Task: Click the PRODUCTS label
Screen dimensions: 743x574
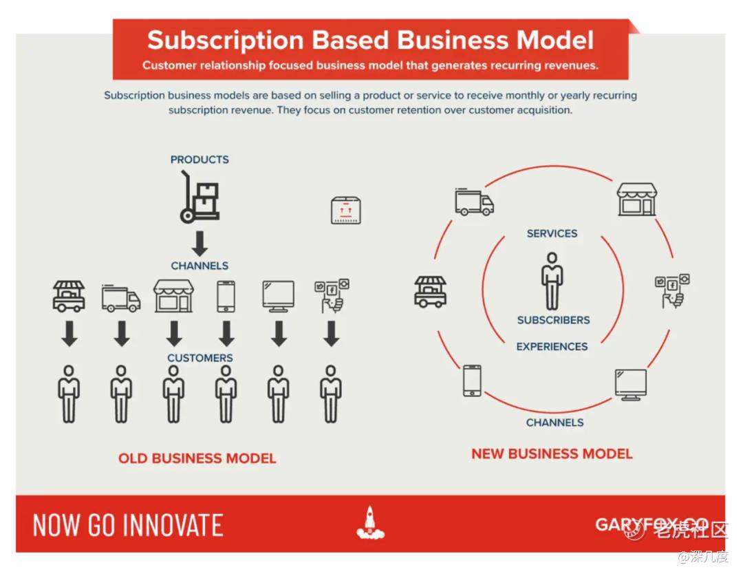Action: pos(200,160)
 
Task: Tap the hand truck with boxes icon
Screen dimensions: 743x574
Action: pos(200,197)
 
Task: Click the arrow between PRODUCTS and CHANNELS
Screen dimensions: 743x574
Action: pos(200,244)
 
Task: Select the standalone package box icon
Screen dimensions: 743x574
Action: pos(345,210)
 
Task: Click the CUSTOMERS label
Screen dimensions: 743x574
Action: pos(200,358)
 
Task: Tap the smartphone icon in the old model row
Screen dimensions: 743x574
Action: pos(226,296)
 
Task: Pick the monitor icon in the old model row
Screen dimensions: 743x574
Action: pos(279,296)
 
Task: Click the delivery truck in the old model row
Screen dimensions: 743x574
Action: pos(121,298)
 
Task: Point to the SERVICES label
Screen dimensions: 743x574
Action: pos(552,233)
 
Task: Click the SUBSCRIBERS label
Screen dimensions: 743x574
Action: pos(553,321)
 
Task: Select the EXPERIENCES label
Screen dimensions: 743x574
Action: pos(552,347)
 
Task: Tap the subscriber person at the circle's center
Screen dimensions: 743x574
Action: pos(552,281)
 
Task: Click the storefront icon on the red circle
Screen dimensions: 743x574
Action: pos(637,200)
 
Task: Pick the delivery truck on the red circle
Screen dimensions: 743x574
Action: pos(474,202)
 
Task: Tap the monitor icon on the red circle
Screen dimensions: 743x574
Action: pos(631,385)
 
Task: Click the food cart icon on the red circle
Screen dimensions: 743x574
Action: pos(430,292)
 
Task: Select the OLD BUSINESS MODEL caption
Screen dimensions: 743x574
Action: pos(197,458)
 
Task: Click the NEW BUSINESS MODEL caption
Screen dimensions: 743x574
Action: pos(552,454)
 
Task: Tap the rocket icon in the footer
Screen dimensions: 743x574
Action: pos(371,523)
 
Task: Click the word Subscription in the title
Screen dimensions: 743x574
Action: pos(225,41)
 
